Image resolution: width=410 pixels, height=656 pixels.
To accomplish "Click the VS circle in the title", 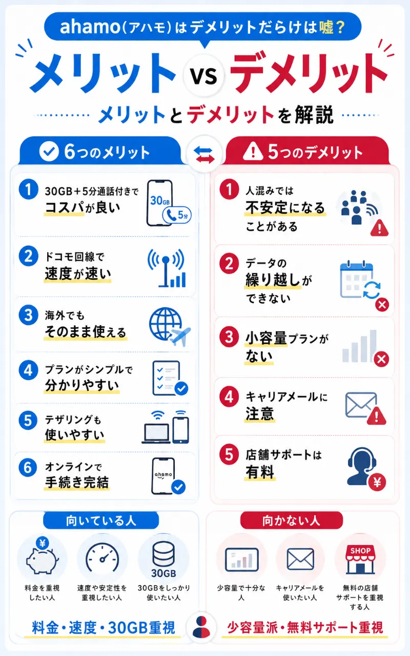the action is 204,75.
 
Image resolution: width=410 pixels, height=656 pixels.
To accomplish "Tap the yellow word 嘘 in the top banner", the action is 326,27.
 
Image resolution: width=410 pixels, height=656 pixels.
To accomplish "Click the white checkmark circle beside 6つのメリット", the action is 49,151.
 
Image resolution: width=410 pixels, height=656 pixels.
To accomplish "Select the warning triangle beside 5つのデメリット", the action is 253,151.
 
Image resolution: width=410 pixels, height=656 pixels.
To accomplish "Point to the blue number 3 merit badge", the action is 28,315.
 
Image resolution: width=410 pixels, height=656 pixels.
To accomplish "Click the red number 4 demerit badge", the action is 229,397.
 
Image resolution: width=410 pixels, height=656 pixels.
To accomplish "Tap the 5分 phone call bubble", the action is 177,215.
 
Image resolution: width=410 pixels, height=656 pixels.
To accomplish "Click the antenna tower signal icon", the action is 167,268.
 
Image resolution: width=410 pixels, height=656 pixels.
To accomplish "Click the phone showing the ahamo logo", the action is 163,476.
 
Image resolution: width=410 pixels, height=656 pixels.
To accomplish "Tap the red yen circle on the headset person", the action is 377,482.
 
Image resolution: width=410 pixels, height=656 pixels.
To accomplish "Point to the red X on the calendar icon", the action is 382,305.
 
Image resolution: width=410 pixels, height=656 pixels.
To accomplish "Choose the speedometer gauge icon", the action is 102,558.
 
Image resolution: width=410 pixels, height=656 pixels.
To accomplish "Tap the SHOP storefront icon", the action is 360,560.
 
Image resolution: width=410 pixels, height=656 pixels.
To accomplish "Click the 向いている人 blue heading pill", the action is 101,521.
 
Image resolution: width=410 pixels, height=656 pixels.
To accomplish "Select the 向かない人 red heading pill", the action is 291,521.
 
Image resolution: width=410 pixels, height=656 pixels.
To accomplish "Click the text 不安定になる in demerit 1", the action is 285,208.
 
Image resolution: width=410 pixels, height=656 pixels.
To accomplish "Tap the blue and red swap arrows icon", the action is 204,155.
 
